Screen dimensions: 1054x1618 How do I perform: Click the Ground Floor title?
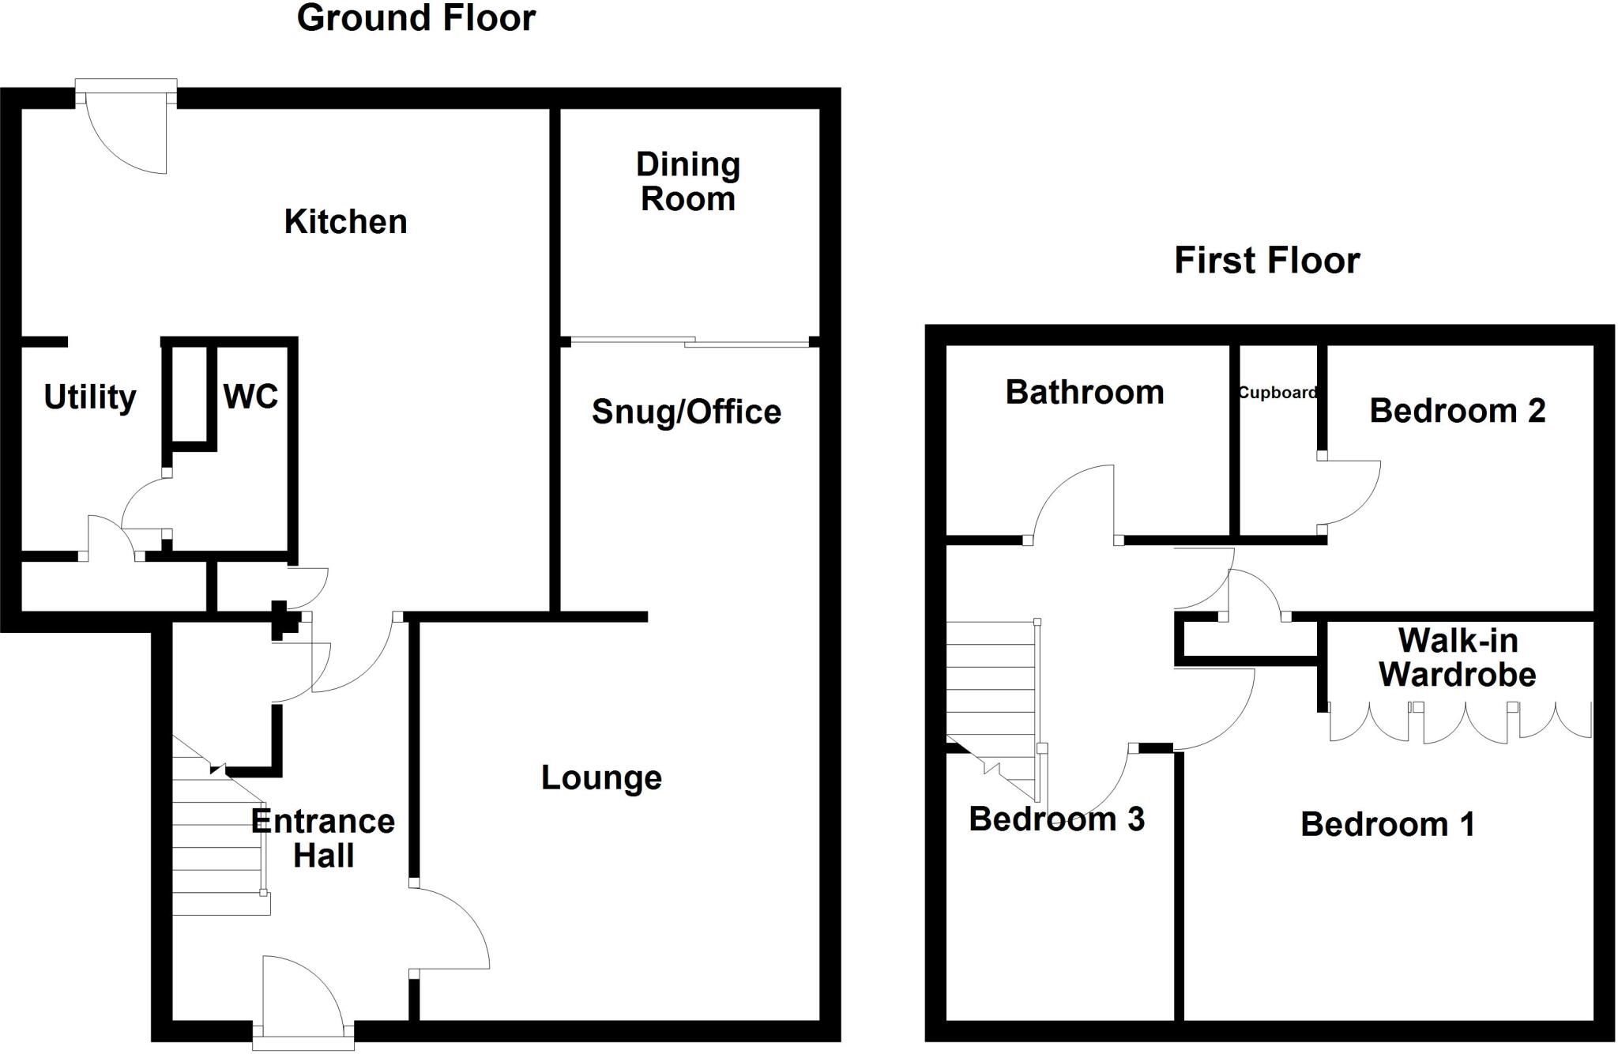click(416, 18)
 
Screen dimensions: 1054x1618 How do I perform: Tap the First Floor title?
click(1266, 260)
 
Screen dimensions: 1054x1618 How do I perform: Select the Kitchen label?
click(345, 222)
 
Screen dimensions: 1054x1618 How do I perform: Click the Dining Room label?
click(688, 182)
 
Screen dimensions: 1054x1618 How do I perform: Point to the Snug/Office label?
click(686, 412)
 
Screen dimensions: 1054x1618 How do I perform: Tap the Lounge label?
click(601, 778)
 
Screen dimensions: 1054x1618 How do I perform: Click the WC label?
click(250, 397)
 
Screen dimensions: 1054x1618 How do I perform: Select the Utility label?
click(90, 397)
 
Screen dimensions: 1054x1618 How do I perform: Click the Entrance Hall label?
click(323, 838)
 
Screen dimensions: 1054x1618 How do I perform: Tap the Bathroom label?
click(1084, 393)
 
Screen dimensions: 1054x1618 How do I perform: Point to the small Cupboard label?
click(1277, 393)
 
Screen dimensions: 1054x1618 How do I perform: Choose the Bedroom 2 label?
click(1457, 411)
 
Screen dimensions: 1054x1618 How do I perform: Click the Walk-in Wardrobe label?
click(1457, 657)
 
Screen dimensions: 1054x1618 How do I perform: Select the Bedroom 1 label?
click(1387, 825)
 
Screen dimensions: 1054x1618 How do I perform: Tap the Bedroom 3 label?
click(1056, 819)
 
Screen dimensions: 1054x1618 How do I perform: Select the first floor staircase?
click(991, 695)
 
